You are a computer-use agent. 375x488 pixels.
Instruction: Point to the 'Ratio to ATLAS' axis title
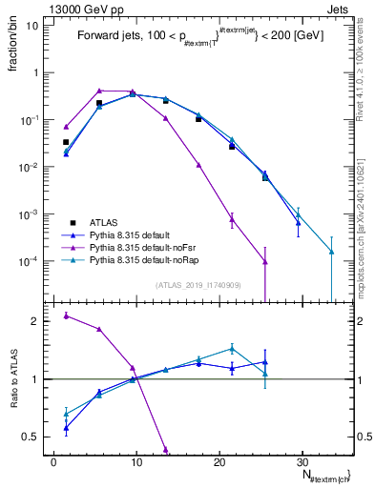click(x=12, y=378)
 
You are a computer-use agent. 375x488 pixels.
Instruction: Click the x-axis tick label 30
click(x=302, y=461)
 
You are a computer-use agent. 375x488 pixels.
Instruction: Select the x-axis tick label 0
click(x=53, y=461)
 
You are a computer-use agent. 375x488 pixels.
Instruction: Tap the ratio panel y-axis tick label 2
click(x=38, y=321)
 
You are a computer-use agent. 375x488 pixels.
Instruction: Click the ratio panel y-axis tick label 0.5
click(x=33, y=437)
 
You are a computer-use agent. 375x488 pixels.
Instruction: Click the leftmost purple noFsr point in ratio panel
click(x=66, y=315)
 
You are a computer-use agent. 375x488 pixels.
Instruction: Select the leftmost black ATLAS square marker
click(x=66, y=142)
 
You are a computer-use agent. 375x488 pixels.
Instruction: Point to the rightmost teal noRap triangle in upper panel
click(x=331, y=252)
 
